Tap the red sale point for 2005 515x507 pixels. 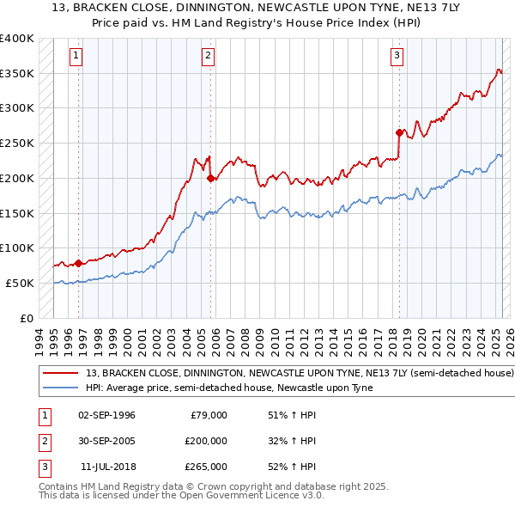(x=210, y=179)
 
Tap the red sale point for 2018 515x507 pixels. (x=399, y=132)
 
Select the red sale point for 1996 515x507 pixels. (x=78, y=263)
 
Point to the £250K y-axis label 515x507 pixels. (x=16, y=143)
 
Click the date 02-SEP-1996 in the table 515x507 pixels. (x=106, y=415)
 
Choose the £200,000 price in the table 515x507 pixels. (x=206, y=441)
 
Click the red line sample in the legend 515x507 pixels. (x=61, y=374)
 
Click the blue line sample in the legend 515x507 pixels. (x=61, y=388)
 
